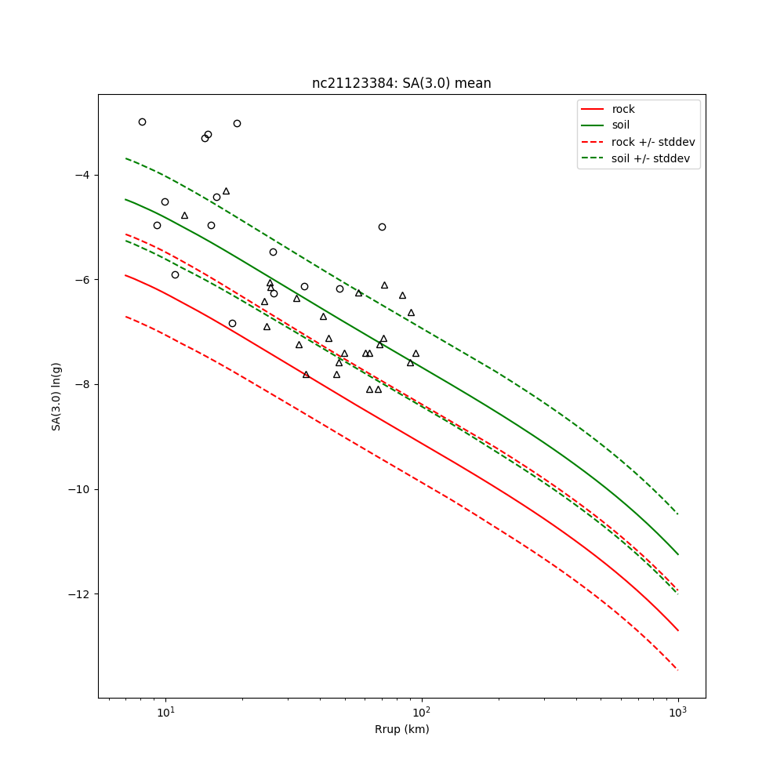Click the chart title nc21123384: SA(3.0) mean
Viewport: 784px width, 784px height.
tap(401, 83)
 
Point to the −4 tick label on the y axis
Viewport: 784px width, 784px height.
tap(81, 175)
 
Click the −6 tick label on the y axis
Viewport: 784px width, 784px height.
tap(81, 280)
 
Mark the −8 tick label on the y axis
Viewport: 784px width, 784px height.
tap(81, 385)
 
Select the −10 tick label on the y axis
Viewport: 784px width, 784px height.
tap(78, 490)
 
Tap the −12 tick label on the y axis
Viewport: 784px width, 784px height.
tap(78, 594)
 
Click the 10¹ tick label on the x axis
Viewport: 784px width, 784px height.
tap(165, 712)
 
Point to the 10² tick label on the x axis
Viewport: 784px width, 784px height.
tap(422, 712)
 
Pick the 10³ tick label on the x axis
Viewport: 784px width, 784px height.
tap(678, 712)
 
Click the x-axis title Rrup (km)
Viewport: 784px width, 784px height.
tap(401, 729)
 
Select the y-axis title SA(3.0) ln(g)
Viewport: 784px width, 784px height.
tap(56, 396)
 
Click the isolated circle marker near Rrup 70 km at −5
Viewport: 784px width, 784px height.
tap(382, 227)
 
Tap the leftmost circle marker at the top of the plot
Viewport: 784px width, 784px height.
tap(142, 122)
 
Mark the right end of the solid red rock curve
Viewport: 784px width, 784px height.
tap(677, 630)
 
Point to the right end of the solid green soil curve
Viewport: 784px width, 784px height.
tap(677, 554)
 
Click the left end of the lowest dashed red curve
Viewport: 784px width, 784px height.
tap(125, 317)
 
